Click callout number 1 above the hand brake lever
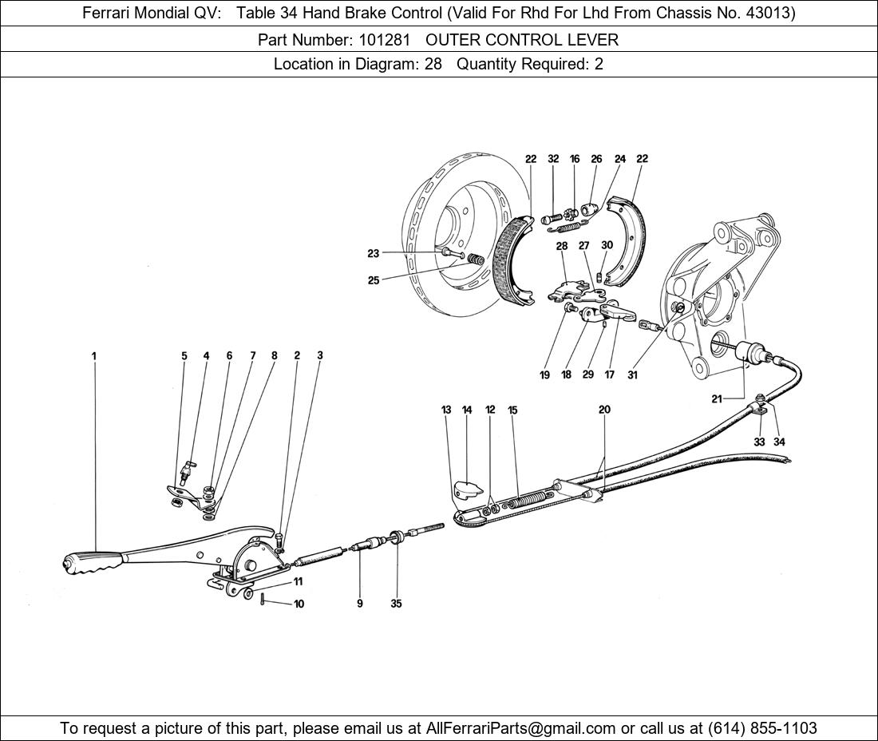point(94,355)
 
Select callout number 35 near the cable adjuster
point(396,603)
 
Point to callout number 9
point(359,603)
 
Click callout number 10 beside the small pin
point(299,604)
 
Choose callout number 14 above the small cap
point(467,410)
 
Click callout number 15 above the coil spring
point(512,410)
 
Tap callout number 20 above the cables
point(604,410)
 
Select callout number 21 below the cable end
point(717,398)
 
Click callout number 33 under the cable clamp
point(759,442)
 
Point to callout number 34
point(780,442)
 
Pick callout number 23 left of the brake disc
point(374,253)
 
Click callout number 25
point(374,280)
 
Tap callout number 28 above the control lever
point(562,245)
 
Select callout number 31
point(632,374)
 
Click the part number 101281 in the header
point(384,40)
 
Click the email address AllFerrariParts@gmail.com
point(520,728)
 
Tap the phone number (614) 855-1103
point(762,728)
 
